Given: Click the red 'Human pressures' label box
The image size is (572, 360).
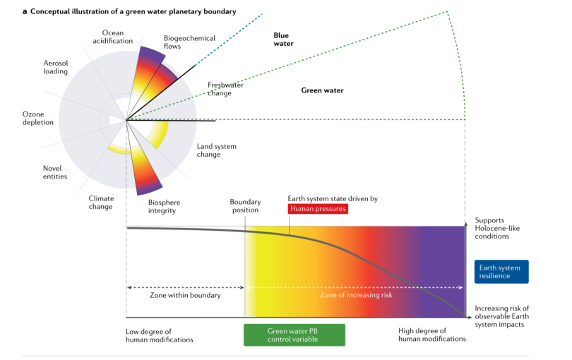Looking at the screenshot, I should point(318,209).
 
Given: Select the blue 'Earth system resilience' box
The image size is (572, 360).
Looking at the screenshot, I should point(501,272).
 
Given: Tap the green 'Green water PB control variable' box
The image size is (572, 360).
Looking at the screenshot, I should point(294,335).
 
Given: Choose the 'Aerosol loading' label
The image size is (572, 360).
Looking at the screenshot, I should point(56,67).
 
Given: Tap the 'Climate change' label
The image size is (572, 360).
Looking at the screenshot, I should point(101,203).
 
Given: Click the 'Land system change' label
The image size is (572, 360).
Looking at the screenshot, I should point(216,150).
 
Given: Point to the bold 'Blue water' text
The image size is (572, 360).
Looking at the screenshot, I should point(283,39).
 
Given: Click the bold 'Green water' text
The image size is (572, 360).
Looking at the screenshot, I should point(322,90).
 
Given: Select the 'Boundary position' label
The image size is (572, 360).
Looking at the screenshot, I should point(244,205).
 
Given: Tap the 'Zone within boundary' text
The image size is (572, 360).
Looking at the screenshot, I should point(186,295).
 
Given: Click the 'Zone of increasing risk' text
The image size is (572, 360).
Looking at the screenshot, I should point(357,295).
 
